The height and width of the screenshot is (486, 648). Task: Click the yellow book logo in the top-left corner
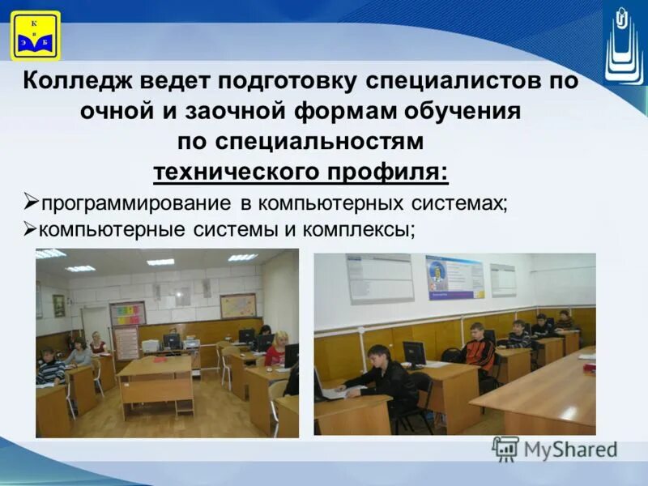[35, 35]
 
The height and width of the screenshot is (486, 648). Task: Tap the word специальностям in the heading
[323, 140]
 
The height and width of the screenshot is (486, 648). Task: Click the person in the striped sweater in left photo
[50, 369]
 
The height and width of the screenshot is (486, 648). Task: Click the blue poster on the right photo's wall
[454, 277]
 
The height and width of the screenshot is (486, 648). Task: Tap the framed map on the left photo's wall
[238, 305]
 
